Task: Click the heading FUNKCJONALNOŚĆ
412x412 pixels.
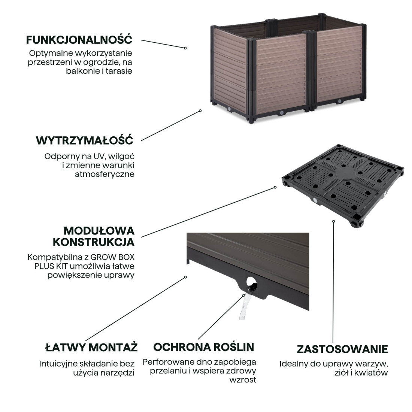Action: point(79,40)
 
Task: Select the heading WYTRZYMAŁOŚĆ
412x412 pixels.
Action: point(85,140)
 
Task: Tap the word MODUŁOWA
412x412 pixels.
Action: point(99,230)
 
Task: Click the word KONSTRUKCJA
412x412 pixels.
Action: point(94,242)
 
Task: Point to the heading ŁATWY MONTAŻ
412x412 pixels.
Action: point(91,347)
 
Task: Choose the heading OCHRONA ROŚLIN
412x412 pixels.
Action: point(204,347)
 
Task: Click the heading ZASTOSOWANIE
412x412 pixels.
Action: point(342,349)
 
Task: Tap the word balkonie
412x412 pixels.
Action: point(83,71)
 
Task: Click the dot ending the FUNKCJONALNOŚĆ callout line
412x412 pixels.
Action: point(185,48)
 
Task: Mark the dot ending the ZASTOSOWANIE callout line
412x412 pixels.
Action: point(333,221)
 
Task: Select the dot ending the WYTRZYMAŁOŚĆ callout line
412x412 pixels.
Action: point(200,110)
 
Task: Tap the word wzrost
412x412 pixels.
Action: point(243,380)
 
